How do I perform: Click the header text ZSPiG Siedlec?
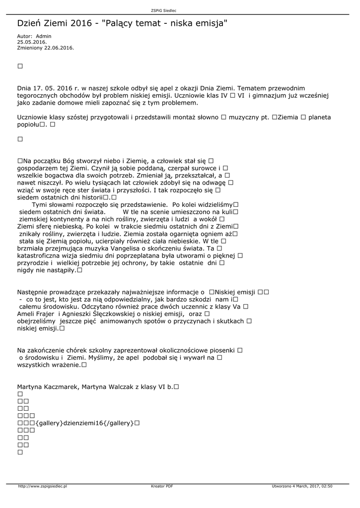coord(163,10)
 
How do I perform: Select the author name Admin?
coord(44,36)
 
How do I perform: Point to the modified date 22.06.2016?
coord(59,48)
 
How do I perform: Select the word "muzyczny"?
coord(248,118)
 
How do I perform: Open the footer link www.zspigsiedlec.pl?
coord(42,487)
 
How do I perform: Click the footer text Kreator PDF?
coord(162,487)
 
